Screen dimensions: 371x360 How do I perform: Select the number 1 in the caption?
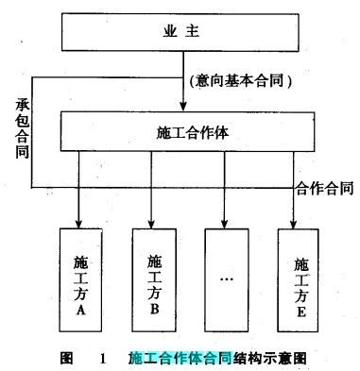pos(101,358)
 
